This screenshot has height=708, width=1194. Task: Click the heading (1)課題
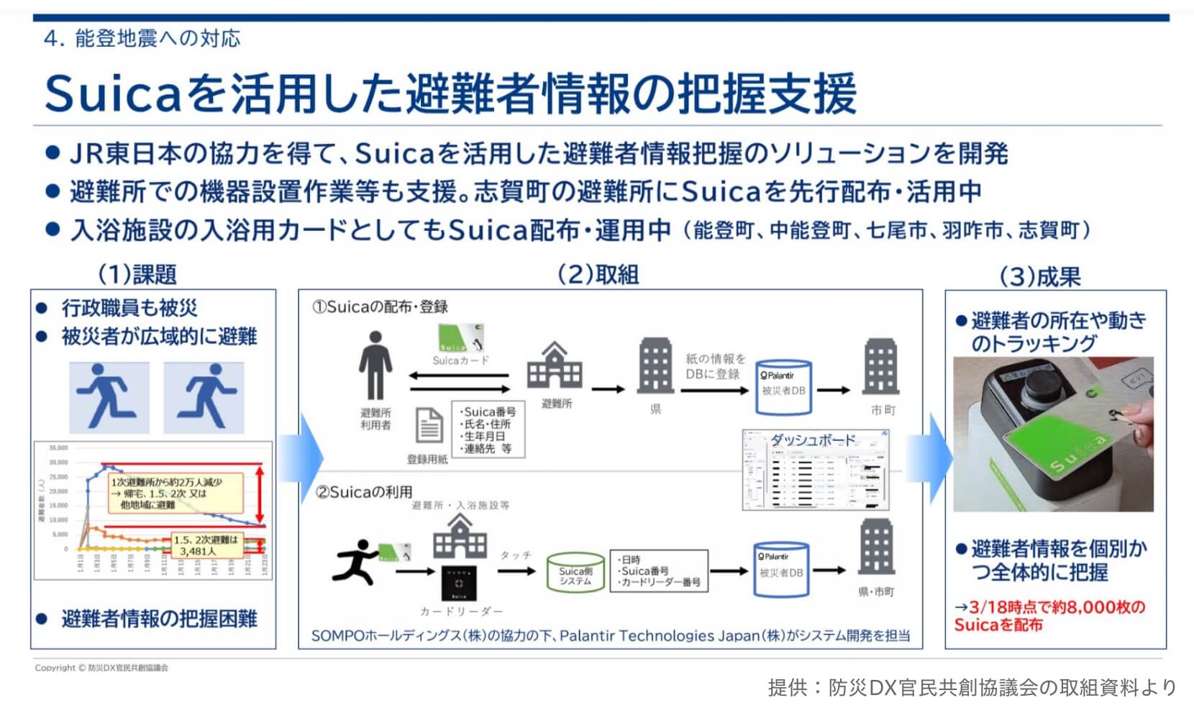(137, 274)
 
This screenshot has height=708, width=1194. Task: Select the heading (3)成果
(1040, 276)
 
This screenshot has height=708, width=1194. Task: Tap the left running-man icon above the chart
(109, 396)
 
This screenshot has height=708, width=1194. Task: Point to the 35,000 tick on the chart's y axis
(58, 448)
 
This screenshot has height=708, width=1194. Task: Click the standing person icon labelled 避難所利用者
(375, 365)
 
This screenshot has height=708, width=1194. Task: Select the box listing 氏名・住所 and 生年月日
(488, 430)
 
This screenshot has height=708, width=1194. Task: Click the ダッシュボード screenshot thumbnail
(816, 470)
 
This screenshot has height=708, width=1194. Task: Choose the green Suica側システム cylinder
(575, 573)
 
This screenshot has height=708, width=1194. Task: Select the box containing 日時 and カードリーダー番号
(658, 571)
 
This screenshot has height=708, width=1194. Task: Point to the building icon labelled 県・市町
(876, 549)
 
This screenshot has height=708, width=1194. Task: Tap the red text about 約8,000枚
(1049, 616)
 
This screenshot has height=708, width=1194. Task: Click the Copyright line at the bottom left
(101, 668)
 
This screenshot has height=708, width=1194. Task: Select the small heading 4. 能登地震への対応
(142, 39)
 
